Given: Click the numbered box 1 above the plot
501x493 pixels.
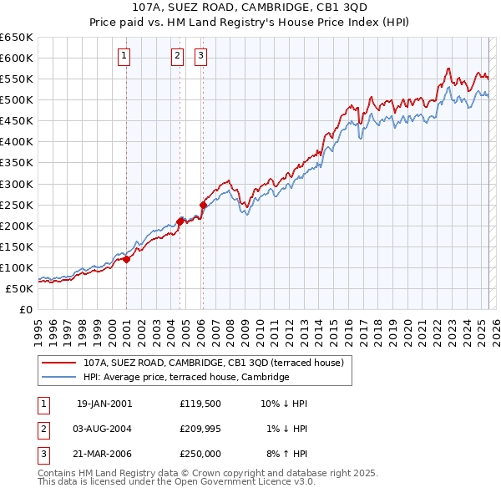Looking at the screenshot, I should click(124, 56).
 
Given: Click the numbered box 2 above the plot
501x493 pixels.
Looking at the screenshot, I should click(178, 56).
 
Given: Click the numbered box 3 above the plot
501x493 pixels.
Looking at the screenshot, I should click(202, 56).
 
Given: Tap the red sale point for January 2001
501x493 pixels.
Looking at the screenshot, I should click(126, 259).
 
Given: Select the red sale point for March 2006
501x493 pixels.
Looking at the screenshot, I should click(203, 204).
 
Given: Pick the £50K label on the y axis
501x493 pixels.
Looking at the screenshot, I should click(19, 288).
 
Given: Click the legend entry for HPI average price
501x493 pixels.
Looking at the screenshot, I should click(185, 378).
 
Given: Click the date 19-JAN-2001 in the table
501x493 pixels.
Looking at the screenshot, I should click(104, 404).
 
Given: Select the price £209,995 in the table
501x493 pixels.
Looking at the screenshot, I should click(200, 429).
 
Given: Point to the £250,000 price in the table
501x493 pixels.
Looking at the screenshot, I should click(200, 454).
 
